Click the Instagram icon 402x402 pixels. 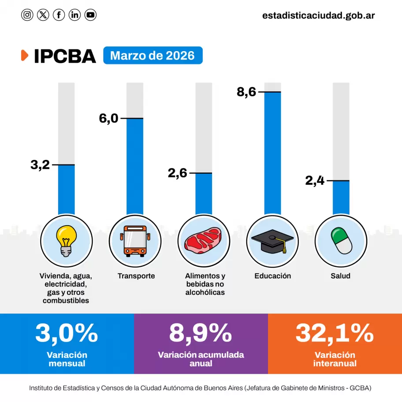pyautogui.click(x=27, y=15)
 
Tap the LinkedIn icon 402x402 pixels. pyautogui.click(x=75, y=15)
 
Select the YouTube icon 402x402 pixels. pyautogui.click(x=90, y=15)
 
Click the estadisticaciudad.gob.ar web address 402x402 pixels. pyautogui.click(x=318, y=15)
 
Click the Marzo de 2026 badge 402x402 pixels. pyautogui.click(x=153, y=56)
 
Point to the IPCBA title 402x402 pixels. pyautogui.click(x=65, y=56)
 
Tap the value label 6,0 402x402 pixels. pyautogui.click(x=108, y=119)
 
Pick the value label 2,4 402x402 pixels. pyautogui.click(x=315, y=181)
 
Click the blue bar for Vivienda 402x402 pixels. pyautogui.click(x=67, y=190)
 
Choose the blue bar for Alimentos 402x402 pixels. pyautogui.click(x=204, y=194)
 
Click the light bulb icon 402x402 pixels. pyautogui.click(x=66, y=241)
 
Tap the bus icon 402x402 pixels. pyautogui.click(x=135, y=241)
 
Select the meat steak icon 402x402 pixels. pyautogui.click(x=203, y=241)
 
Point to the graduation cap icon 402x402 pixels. pyautogui.click(x=272, y=241)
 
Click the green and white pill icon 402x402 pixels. pyautogui.click(x=341, y=241)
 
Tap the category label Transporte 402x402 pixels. pyautogui.click(x=136, y=276)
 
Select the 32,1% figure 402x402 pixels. pyautogui.click(x=335, y=333)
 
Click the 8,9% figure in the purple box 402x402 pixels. pyautogui.click(x=201, y=333)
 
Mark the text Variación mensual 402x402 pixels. pyautogui.click(x=67, y=359)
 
